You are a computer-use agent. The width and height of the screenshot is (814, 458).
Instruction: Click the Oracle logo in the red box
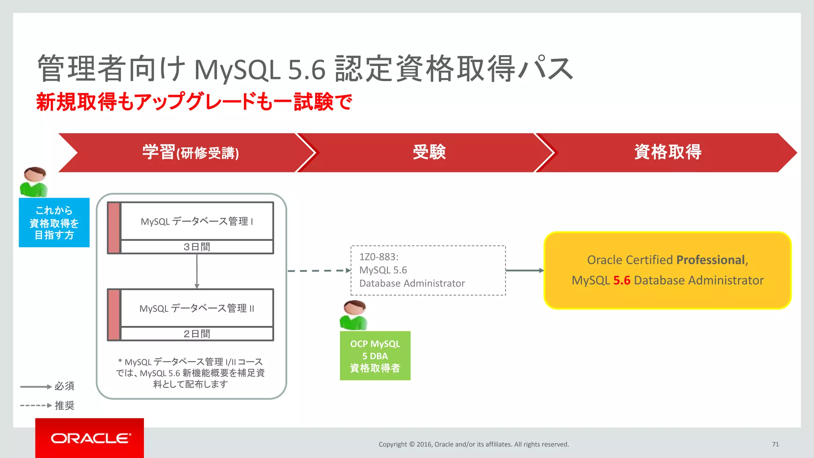point(90,438)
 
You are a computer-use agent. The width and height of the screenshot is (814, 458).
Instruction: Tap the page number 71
point(775,444)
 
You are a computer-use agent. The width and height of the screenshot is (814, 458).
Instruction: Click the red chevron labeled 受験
point(429,152)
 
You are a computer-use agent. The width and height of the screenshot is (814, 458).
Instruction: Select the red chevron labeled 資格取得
point(668,152)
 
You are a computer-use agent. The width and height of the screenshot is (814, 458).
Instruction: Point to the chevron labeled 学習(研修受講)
point(190,152)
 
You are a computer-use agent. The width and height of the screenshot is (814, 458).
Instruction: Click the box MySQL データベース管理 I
point(197,221)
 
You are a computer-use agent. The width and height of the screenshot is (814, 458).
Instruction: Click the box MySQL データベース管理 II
point(197,308)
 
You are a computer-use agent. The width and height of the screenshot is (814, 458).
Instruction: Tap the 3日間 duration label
point(197,247)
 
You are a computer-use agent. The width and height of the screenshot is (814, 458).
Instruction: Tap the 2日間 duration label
point(197,334)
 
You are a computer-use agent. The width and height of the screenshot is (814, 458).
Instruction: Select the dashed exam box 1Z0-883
point(428,270)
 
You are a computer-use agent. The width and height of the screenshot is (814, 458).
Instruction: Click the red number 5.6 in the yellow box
point(622,280)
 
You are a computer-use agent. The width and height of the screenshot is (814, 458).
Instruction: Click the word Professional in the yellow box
point(710,260)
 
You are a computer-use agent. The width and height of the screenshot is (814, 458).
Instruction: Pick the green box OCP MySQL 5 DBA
point(375,356)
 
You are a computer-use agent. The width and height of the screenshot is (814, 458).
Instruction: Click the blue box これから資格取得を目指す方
point(54,223)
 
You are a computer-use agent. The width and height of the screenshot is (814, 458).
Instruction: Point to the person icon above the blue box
point(34,182)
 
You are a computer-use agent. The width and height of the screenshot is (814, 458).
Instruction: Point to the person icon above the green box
point(354,315)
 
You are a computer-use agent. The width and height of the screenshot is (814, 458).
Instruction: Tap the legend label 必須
point(64,386)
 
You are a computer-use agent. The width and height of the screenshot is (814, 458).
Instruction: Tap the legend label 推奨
point(64,405)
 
